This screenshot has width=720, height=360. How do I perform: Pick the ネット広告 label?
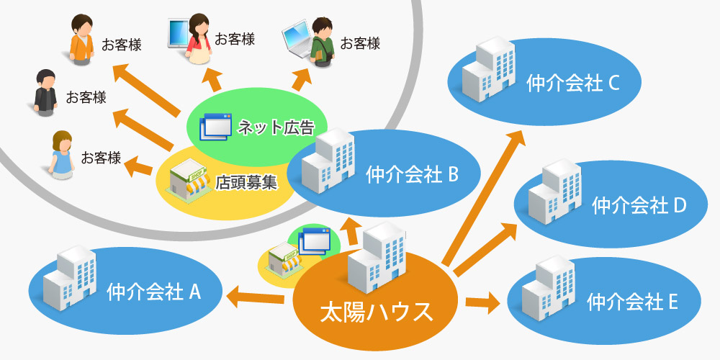[276, 128]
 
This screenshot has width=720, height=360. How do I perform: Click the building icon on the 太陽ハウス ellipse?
[377, 259]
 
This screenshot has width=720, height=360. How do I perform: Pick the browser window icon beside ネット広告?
[217, 127]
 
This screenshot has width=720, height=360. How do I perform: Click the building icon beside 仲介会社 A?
[68, 277]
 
